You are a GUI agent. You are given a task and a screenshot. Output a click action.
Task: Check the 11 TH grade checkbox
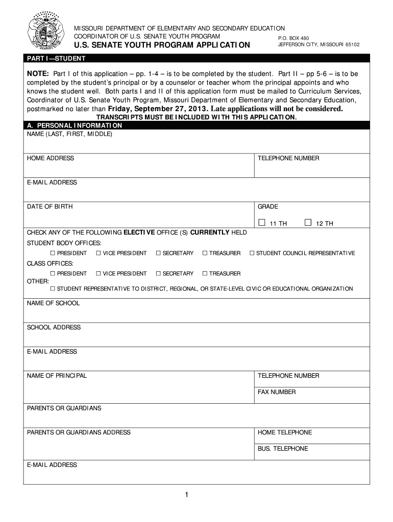click(x=262, y=222)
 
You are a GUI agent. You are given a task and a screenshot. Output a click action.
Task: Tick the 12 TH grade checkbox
click(x=308, y=222)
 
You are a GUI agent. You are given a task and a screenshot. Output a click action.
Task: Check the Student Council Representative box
click(x=252, y=253)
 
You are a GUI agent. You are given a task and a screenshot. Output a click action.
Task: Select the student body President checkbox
click(x=53, y=253)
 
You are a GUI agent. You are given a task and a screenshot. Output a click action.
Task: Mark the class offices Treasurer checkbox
click(x=205, y=273)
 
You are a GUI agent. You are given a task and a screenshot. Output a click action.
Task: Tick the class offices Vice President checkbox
click(x=98, y=273)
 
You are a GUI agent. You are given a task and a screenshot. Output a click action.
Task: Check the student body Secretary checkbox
click(x=158, y=253)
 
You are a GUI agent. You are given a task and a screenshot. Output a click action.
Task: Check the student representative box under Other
click(x=53, y=289)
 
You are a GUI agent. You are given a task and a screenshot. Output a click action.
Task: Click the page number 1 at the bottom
click(x=187, y=494)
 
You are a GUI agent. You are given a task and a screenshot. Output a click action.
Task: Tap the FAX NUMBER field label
click(x=277, y=392)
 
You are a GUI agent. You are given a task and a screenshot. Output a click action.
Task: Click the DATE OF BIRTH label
click(x=50, y=206)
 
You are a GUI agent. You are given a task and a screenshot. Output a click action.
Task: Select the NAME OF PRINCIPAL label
click(x=57, y=376)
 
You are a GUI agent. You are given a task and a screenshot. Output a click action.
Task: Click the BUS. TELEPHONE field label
click(x=283, y=449)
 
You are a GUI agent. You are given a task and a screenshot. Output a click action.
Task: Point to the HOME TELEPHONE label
click(x=284, y=432)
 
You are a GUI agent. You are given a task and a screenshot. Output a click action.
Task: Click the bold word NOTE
click(x=38, y=73)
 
